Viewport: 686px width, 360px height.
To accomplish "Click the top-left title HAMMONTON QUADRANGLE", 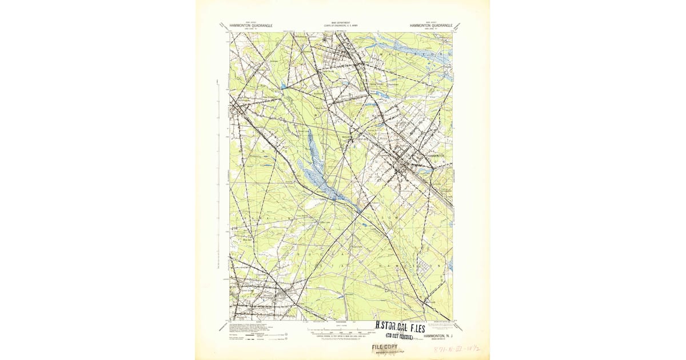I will point(251,26).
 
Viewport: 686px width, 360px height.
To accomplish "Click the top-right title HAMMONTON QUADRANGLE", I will point(430,26).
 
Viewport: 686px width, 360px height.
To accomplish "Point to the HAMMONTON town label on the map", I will point(436,155).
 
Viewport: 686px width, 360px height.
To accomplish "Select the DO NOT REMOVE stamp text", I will point(400,337).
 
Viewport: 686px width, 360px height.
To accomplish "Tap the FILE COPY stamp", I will point(385,347).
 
